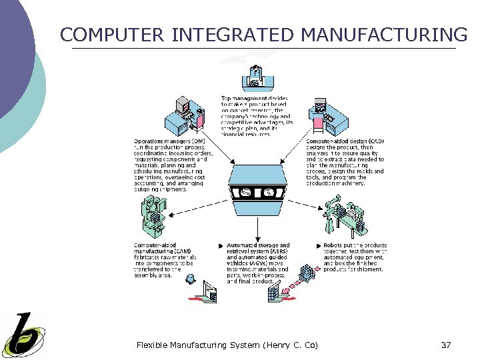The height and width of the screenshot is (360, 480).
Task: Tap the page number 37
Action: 446,345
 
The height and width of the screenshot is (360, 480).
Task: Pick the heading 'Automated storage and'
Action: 258,245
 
